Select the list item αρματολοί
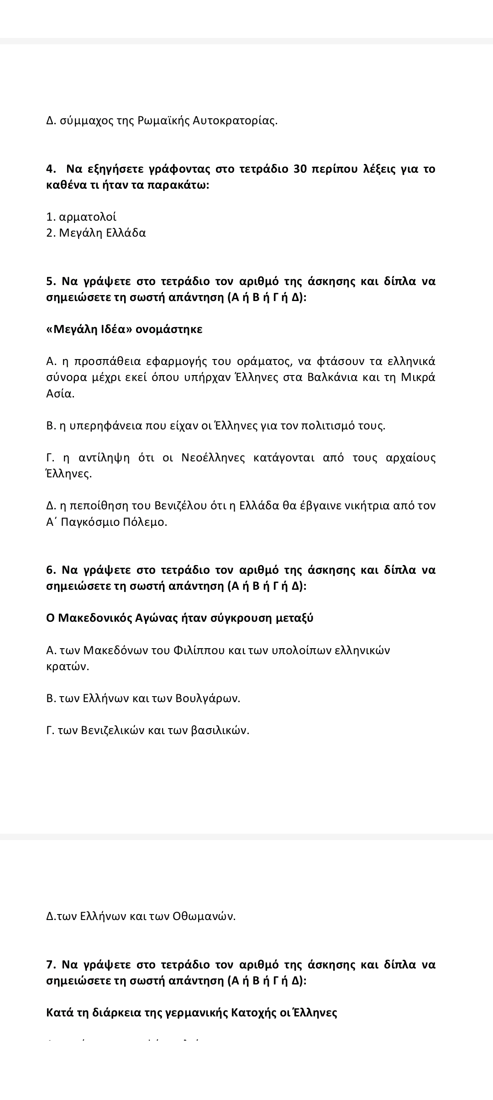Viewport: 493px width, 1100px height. [x=88, y=217]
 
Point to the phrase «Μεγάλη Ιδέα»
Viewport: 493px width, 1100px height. [x=89, y=329]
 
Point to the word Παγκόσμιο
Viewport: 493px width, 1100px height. [x=90, y=522]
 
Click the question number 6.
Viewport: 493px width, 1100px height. [x=51, y=570]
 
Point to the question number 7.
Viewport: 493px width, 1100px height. [x=51, y=965]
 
